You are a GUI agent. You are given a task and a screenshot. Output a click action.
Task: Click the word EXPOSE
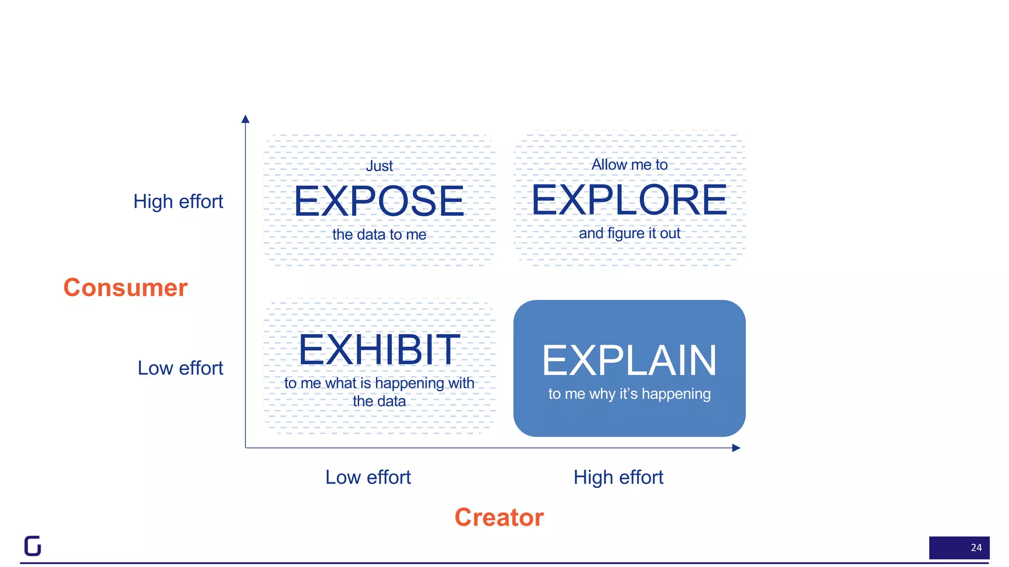pos(378,201)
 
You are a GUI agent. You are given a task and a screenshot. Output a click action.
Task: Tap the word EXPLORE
pos(629,200)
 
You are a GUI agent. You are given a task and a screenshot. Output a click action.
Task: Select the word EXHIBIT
pos(378,350)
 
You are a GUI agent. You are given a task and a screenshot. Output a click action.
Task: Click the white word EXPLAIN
pos(629,361)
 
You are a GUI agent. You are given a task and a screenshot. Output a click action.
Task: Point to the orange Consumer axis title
pos(125,287)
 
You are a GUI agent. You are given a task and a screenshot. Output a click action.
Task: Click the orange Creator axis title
pos(499,517)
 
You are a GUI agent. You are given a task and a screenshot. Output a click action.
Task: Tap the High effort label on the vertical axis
pos(178,201)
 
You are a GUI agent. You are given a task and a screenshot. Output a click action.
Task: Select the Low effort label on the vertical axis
pos(180,368)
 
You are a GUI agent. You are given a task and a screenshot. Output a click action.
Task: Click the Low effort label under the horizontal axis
pos(368,477)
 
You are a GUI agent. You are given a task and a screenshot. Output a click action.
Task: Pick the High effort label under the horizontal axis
pos(618,477)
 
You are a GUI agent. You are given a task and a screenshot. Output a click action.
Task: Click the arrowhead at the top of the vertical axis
pos(245,119)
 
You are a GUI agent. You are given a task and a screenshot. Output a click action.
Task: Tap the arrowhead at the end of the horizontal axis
pos(737,448)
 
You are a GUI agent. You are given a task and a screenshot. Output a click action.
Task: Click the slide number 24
pos(975,548)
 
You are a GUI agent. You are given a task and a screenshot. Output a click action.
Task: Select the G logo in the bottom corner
pos(33,546)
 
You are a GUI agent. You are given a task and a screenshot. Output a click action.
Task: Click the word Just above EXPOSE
pos(379,166)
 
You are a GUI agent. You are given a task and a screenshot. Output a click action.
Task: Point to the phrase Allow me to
pos(629,165)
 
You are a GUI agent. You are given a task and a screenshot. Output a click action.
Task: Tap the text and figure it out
pos(629,233)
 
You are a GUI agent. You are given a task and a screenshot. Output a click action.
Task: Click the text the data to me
pos(379,235)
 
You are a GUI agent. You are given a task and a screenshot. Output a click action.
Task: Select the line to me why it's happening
pos(629,394)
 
